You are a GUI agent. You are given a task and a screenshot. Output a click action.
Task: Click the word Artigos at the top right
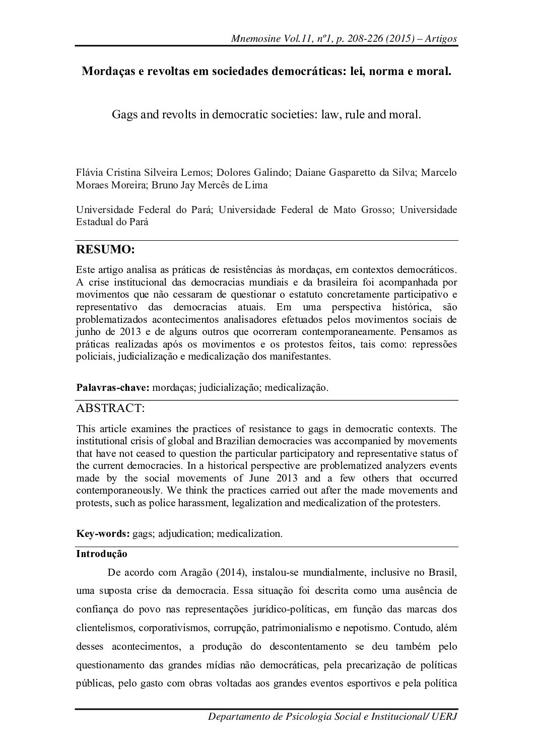click(x=440, y=39)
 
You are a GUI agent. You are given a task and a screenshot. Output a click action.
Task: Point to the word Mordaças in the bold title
click(x=106, y=72)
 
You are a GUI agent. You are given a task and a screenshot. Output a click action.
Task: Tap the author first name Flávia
click(x=90, y=172)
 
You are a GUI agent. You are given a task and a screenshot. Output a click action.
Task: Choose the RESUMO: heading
click(x=105, y=249)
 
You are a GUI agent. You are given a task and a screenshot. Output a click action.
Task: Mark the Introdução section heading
click(x=101, y=554)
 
